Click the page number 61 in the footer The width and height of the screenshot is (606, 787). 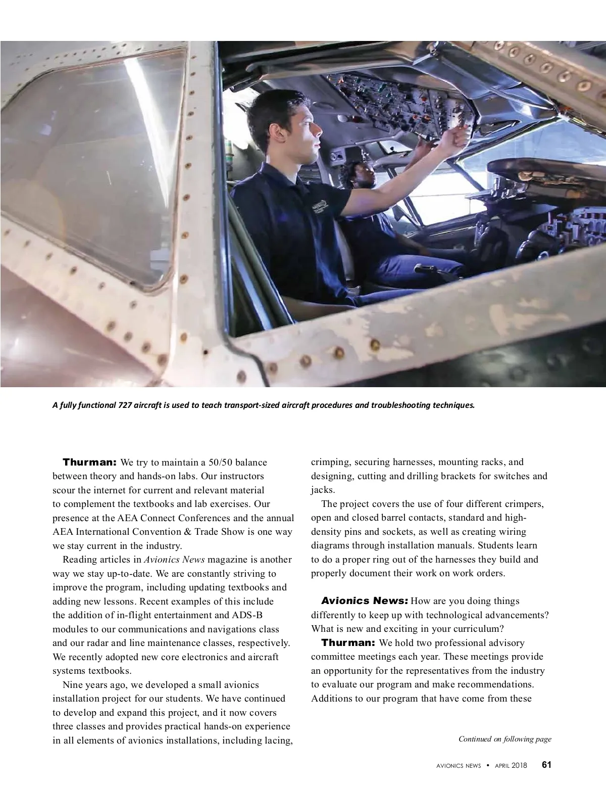pos(546,765)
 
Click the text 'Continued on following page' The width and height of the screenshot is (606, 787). pos(504,739)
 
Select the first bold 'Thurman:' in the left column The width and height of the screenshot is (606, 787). pos(89,462)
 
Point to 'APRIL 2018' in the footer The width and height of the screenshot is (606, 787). pos(511,765)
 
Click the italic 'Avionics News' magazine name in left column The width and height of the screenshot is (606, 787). pos(174,560)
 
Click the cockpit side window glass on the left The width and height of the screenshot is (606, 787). pos(96,167)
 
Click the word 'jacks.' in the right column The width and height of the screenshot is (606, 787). pos(323,490)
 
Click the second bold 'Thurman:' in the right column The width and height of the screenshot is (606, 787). pos(348,643)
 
